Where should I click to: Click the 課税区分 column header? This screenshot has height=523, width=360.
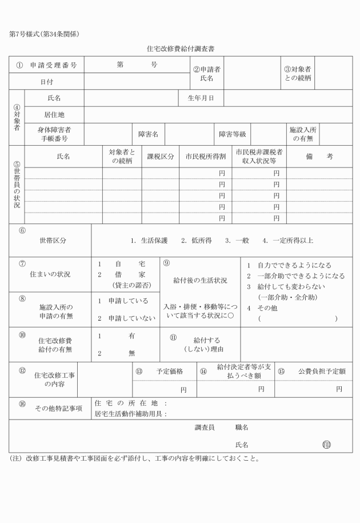click(161, 157)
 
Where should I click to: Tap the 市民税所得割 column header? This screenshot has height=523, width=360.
click(206, 157)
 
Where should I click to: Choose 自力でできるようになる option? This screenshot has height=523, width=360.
click(294, 266)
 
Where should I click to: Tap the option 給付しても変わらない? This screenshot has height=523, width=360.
click(291, 287)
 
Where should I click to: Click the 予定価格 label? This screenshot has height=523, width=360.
click(169, 372)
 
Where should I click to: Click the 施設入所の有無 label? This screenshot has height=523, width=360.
click(303, 134)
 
